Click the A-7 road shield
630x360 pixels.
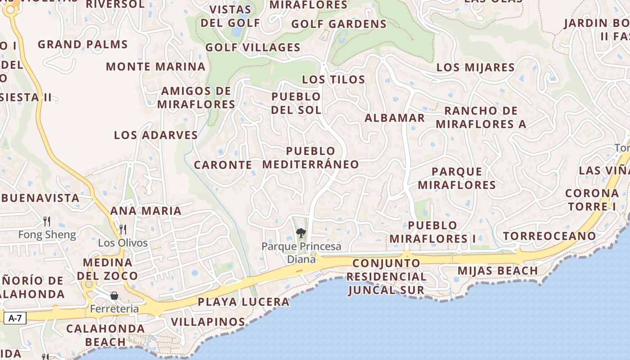pos(15,318)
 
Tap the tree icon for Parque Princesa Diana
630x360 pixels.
pos(301,233)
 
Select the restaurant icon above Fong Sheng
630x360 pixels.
pos(46,221)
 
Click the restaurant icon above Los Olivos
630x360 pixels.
pos(122,229)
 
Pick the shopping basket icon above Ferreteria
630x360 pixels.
pos(114,296)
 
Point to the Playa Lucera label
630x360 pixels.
pos(243,302)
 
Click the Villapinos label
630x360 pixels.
pos(208,322)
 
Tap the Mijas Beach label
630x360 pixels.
pos(497,270)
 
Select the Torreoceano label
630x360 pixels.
pos(549,236)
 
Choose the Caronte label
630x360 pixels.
pos(223,165)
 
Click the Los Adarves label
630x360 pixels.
pos(156,135)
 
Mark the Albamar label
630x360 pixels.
pos(394,118)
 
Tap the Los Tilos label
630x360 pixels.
pos(333,80)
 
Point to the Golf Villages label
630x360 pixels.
pos(252,47)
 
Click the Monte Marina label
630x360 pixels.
pos(155,67)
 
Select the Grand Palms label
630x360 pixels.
pos(83,44)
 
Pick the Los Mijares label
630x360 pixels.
pos(475,67)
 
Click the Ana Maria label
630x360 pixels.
pos(146,211)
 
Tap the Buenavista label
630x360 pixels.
pos(40,198)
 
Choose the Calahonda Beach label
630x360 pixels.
pos(105,335)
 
